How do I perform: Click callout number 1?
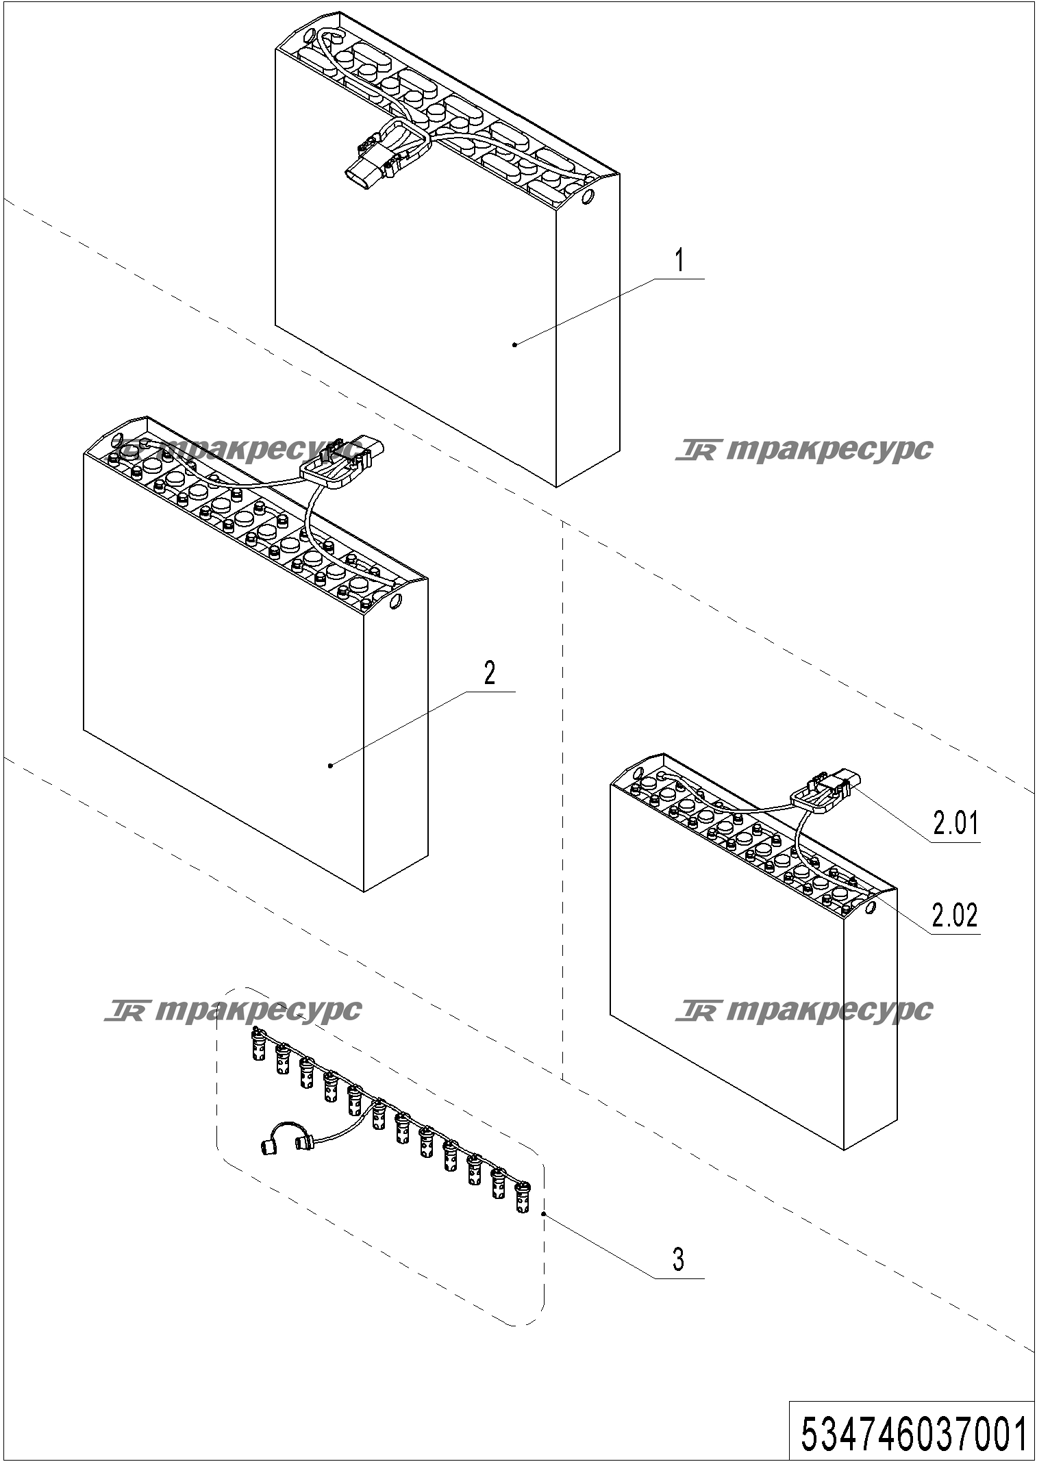pyautogui.click(x=679, y=261)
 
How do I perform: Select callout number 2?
pyautogui.click(x=489, y=674)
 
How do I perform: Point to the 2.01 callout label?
pyautogui.click(x=956, y=823)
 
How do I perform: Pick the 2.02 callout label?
pyautogui.click(x=956, y=916)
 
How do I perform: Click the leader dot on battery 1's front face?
pyautogui.click(x=515, y=345)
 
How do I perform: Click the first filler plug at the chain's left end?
pyautogui.click(x=258, y=1045)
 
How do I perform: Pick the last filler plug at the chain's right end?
pyautogui.click(x=523, y=1198)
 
